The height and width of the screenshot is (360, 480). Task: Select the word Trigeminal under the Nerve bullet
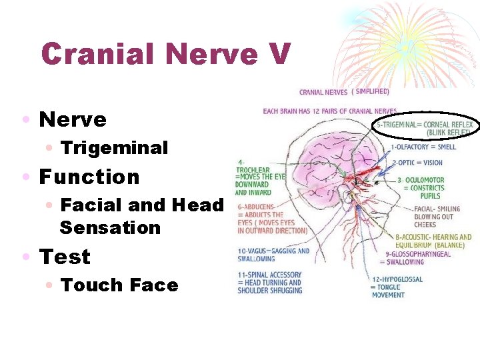[114, 147]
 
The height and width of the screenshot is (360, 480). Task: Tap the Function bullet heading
[89, 177]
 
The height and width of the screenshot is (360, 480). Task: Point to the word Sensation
[110, 227]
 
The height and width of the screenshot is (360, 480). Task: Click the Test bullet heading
[65, 257]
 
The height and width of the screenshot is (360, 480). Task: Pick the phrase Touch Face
[119, 285]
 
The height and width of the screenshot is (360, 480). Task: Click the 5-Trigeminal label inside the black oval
[425, 128]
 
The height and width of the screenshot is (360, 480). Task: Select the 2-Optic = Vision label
[417, 163]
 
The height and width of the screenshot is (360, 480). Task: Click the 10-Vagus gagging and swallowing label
[273, 255]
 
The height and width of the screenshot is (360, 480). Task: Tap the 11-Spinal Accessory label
[269, 282]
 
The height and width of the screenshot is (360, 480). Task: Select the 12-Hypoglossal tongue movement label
[397, 287]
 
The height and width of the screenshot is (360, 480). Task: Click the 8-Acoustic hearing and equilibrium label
[433, 241]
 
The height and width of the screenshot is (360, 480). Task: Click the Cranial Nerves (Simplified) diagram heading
[344, 92]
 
